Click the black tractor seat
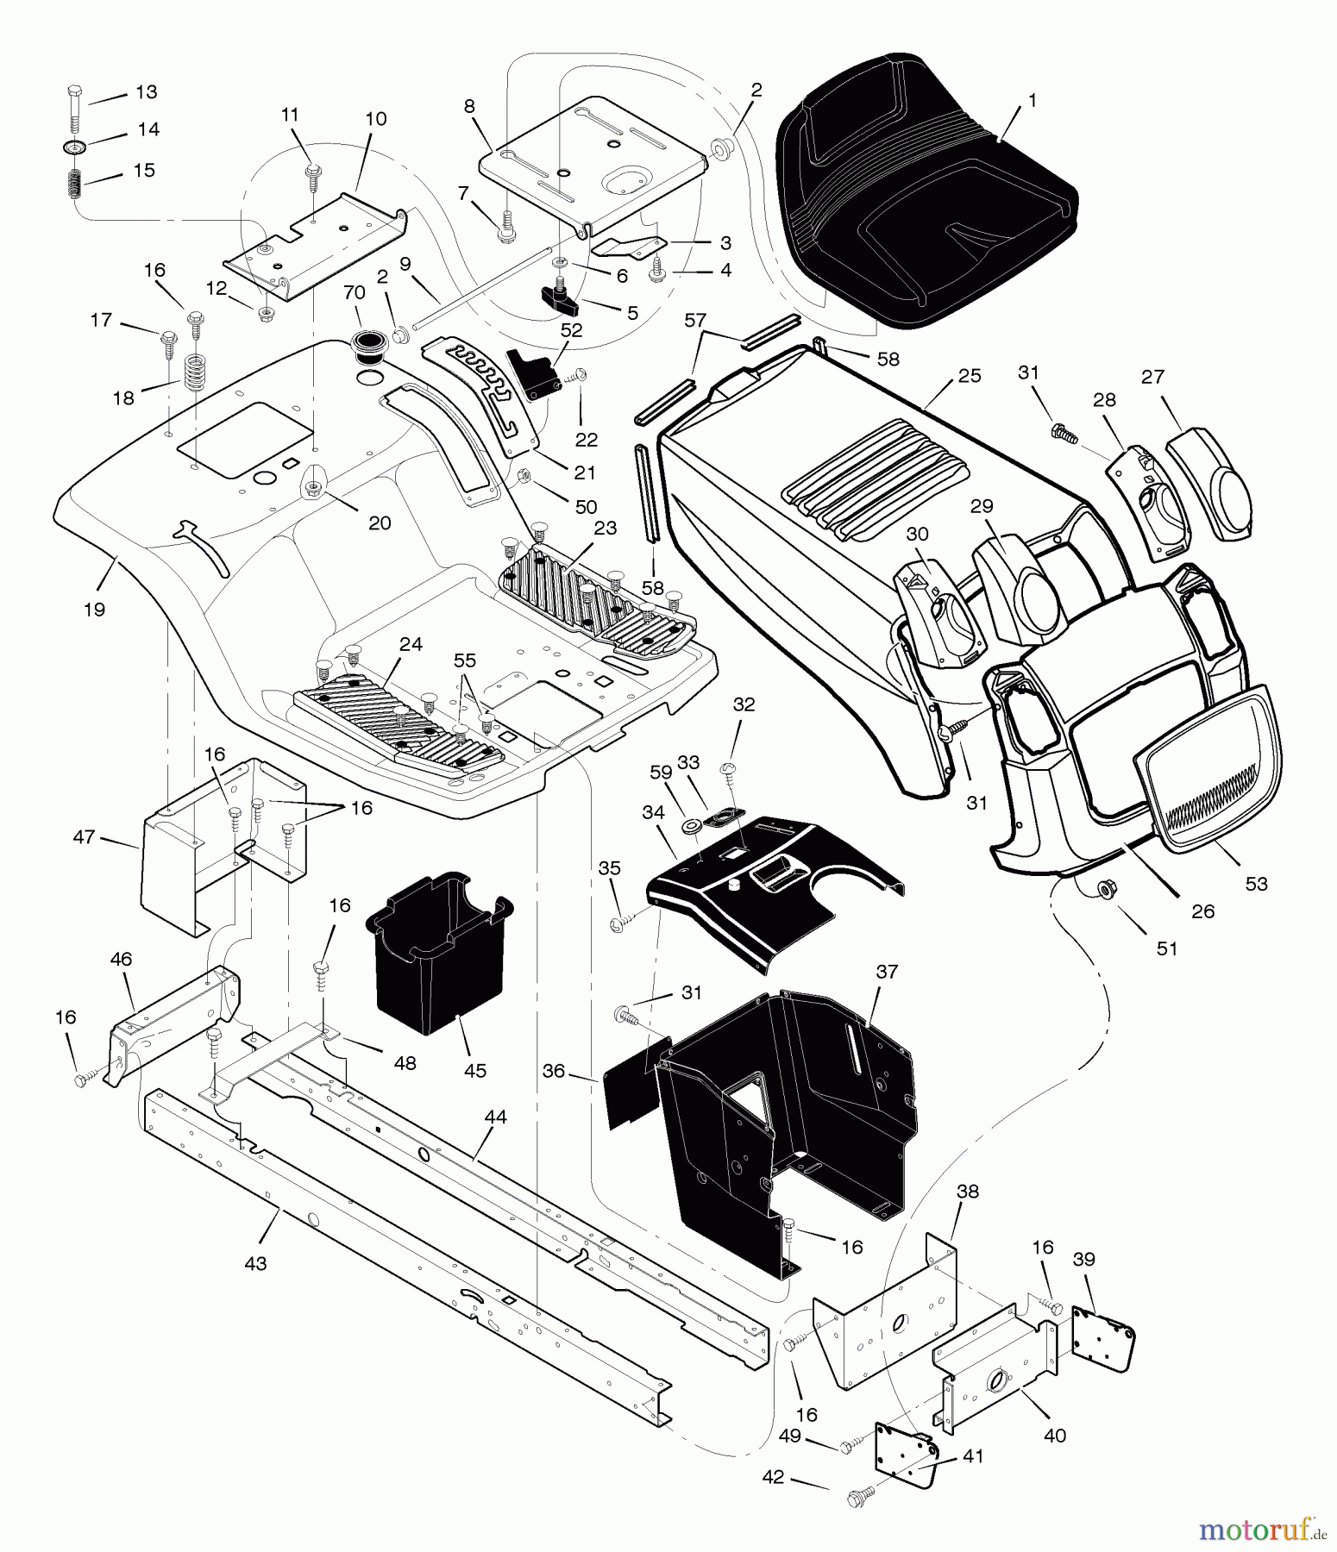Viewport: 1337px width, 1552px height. pos(923,190)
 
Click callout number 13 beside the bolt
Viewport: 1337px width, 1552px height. pos(146,92)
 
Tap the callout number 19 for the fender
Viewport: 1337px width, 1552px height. pos(94,610)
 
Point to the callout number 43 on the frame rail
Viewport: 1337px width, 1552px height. pos(255,1263)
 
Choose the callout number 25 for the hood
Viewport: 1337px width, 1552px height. pos(970,376)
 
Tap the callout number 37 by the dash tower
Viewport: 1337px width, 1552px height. pos(887,972)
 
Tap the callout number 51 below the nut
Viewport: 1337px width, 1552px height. pos(1166,948)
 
